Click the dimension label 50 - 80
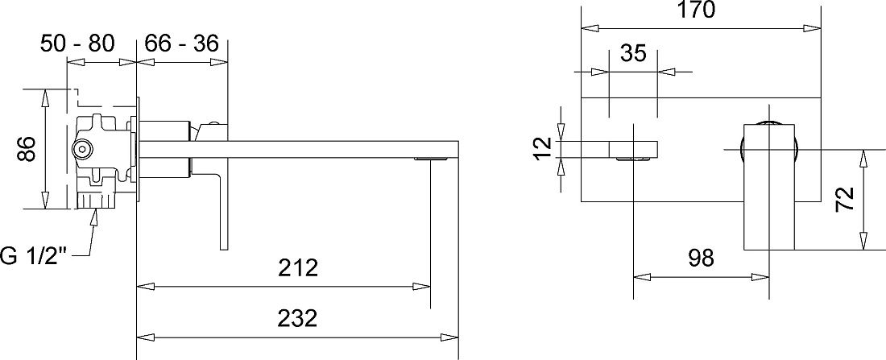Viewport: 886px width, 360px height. coord(77,43)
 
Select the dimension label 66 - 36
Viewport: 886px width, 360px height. coord(181,43)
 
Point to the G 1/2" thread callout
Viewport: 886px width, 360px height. coord(33,255)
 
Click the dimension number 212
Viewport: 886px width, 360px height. coord(298,268)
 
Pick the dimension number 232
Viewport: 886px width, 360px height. coord(298,318)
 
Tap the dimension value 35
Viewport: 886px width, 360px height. coord(633,53)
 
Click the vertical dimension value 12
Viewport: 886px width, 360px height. coord(543,149)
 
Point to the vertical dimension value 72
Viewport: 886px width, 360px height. coord(845,199)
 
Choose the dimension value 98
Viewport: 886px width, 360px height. coord(702,258)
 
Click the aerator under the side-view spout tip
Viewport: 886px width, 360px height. coord(432,159)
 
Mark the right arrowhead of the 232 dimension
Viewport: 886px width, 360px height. coord(449,337)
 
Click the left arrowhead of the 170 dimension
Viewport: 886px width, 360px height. coord(590,27)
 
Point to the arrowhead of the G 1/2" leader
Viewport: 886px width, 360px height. coord(96,217)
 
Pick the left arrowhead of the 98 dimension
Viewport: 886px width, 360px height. coord(642,277)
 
